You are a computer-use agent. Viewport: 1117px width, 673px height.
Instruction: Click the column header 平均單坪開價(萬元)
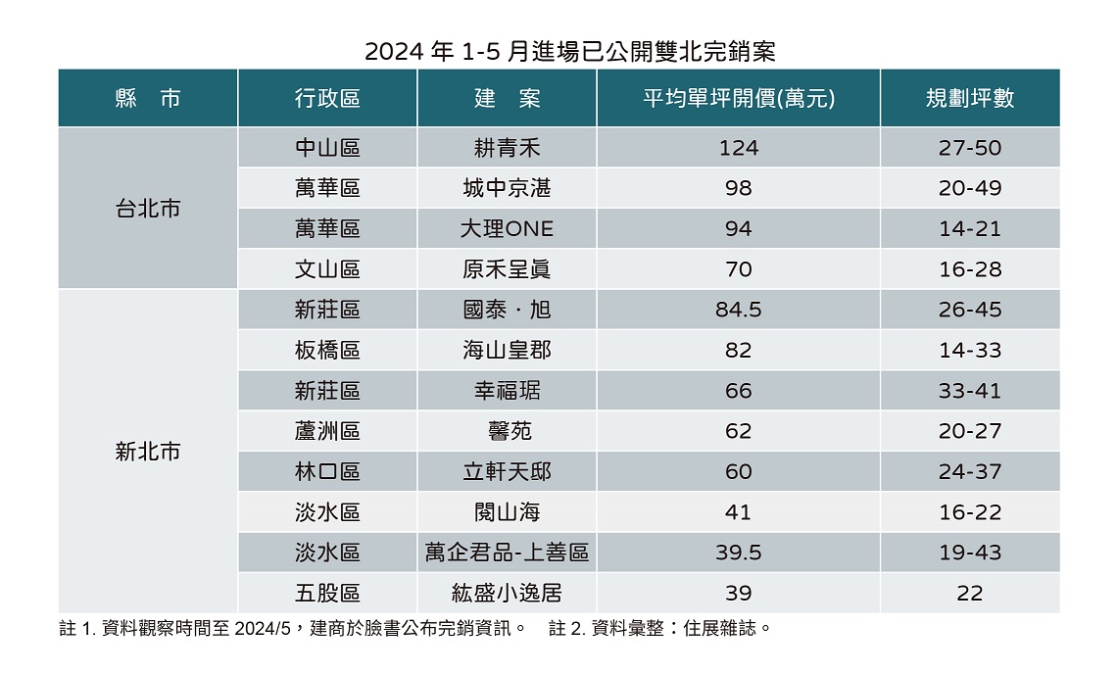(738, 98)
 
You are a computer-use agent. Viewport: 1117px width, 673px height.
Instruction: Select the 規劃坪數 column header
(969, 98)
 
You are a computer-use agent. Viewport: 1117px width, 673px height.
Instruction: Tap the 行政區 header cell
(327, 98)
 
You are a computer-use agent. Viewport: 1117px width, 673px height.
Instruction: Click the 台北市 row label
(148, 209)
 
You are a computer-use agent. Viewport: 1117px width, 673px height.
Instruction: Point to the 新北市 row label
(148, 452)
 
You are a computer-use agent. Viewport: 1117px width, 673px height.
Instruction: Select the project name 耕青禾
(507, 148)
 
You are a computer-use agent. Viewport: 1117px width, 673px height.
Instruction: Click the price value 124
(738, 148)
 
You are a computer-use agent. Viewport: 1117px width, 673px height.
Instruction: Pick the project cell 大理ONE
(507, 229)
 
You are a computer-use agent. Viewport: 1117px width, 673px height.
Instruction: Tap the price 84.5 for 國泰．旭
(738, 311)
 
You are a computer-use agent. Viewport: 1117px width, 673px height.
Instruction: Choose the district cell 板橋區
(327, 351)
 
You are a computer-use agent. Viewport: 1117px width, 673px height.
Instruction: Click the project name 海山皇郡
(507, 351)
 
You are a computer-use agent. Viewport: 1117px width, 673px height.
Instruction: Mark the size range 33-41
(969, 391)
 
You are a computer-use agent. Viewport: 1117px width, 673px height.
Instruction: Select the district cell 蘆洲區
(327, 431)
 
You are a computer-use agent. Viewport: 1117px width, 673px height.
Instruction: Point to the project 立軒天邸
(507, 472)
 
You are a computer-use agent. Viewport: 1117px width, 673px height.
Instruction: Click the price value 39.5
(738, 553)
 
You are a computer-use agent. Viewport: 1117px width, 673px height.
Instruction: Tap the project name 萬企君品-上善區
(507, 553)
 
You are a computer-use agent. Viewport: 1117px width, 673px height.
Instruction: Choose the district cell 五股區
(327, 593)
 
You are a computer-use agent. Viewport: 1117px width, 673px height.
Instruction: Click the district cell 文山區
(327, 269)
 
